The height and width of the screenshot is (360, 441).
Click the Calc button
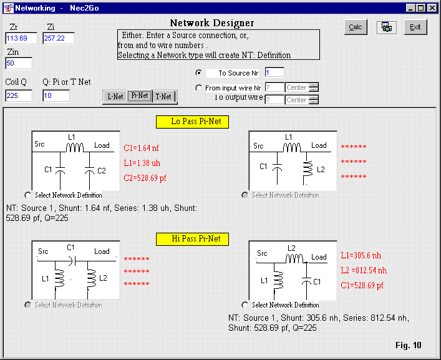[x=355, y=27]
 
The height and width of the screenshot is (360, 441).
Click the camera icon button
[x=386, y=27]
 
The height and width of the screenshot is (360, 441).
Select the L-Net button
[x=115, y=97]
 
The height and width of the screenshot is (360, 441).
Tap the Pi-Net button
[x=140, y=96]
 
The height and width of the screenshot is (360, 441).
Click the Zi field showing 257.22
[x=58, y=39]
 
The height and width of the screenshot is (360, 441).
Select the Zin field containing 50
[x=19, y=63]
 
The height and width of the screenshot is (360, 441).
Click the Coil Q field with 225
[x=19, y=95]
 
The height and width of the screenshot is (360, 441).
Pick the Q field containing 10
[x=56, y=95]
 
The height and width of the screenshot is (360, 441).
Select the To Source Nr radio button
[x=199, y=72]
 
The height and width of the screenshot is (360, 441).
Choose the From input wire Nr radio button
[x=199, y=88]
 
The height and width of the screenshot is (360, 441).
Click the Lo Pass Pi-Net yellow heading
[x=192, y=121]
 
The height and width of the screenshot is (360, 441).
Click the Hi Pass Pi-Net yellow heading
[x=192, y=238]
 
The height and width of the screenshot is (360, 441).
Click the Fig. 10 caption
[x=409, y=345]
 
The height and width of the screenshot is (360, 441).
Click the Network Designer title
[x=212, y=23]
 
